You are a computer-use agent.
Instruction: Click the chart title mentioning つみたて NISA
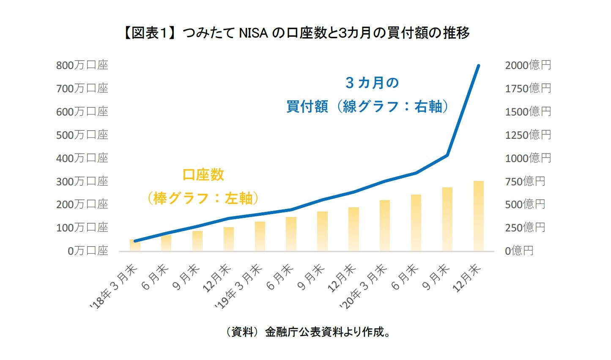pos(296,33)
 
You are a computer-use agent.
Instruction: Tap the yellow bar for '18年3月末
pos(135,245)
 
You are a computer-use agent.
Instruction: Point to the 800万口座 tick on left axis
pos(82,65)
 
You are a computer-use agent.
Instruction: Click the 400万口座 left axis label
pos(82,158)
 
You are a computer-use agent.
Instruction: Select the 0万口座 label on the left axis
pos(88,251)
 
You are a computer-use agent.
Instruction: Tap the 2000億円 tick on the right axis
pos(528,65)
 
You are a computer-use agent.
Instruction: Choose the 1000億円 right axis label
pos(528,158)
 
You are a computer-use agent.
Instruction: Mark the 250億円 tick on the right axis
pos(525,228)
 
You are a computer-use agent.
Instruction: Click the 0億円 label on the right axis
pos(519,251)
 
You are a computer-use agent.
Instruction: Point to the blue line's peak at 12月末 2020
pos(478,66)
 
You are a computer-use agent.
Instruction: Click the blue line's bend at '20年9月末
pos(447,155)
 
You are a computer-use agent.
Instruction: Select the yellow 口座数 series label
pos(203,175)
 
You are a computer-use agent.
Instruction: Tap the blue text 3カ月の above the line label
pos(372,83)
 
